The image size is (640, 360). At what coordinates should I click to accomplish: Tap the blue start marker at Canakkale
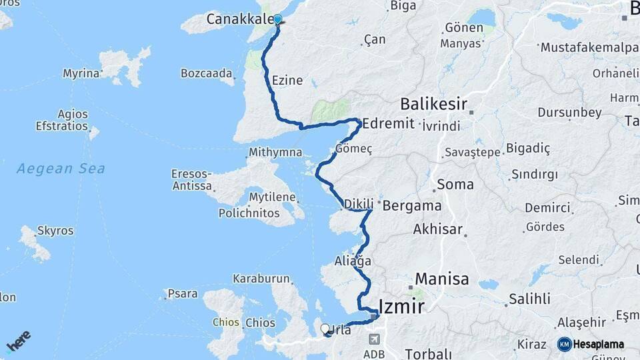[278, 20]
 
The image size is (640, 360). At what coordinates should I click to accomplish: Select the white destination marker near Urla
[325, 329]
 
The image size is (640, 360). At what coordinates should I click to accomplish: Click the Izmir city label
[401, 307]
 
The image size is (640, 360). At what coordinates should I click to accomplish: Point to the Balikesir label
[433, 105]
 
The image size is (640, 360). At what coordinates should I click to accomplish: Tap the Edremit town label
[389, 124]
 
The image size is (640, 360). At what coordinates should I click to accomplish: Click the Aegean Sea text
[61, 169]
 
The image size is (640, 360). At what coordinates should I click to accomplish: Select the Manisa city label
[441, 279]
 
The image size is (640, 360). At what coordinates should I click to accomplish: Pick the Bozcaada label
[207, 73]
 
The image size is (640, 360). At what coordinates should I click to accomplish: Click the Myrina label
[81, 73]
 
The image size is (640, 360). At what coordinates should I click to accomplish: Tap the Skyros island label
[55, 231]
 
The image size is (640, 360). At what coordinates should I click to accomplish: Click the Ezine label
[287, 81]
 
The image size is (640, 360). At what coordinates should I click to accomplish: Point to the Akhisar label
[438, 229]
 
